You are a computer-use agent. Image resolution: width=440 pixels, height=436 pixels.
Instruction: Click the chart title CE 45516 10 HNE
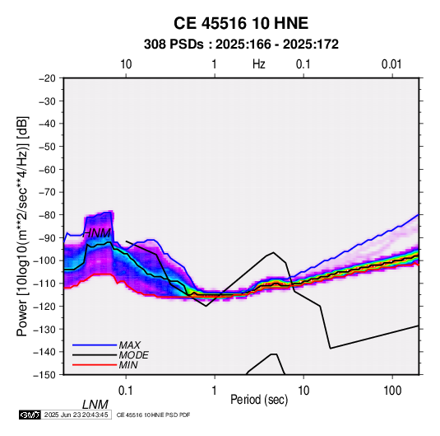[241, 23]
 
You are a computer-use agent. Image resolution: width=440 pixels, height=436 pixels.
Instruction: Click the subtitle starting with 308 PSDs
[241, 45]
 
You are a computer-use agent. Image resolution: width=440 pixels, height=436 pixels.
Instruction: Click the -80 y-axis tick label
[47, 215]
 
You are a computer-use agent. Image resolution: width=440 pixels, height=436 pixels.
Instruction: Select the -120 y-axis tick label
[44, 306]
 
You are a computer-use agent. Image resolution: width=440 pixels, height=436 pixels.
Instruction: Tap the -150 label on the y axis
[44, 375]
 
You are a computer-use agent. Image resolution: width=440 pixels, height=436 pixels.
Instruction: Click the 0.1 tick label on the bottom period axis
[126, 391]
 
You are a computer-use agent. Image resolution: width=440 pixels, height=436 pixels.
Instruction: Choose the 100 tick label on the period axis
[392, 391]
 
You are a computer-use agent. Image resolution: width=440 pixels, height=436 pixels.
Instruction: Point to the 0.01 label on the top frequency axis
[391, 64]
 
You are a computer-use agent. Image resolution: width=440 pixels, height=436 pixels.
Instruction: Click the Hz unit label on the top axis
[259, 64]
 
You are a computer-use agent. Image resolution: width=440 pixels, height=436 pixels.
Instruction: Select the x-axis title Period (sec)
[259, 400]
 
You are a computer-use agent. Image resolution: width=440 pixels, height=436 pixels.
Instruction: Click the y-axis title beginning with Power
[22, 227]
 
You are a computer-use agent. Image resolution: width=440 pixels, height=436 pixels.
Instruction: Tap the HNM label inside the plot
[96, 233]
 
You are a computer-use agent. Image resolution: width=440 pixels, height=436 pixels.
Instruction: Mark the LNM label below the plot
[95, 405]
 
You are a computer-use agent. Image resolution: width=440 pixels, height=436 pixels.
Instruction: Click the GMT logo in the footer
[30, 415]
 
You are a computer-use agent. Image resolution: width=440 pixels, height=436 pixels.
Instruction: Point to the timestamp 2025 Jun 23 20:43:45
[76, 415]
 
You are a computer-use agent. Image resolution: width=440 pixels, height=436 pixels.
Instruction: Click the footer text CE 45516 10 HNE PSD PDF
[153, 415]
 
